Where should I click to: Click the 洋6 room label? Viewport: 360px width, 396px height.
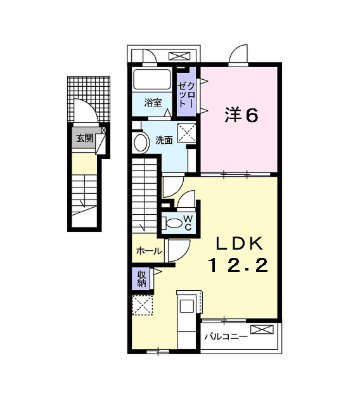click(x=241, y=115)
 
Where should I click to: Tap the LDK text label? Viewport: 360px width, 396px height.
click(x=240, y=243)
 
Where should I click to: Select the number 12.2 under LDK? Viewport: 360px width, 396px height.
click(x=239, y=265)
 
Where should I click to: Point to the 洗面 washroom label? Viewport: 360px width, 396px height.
click(x=164, y=140)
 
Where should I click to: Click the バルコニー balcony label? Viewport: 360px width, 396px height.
click(x=225, y=336)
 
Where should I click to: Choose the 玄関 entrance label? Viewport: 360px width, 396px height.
click(x=84, y=137)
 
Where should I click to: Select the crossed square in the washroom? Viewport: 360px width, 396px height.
click(x=186, y=132)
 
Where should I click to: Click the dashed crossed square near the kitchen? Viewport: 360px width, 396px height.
click(x=143, y=306)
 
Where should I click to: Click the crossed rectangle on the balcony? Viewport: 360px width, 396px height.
click(x=264, y=329)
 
